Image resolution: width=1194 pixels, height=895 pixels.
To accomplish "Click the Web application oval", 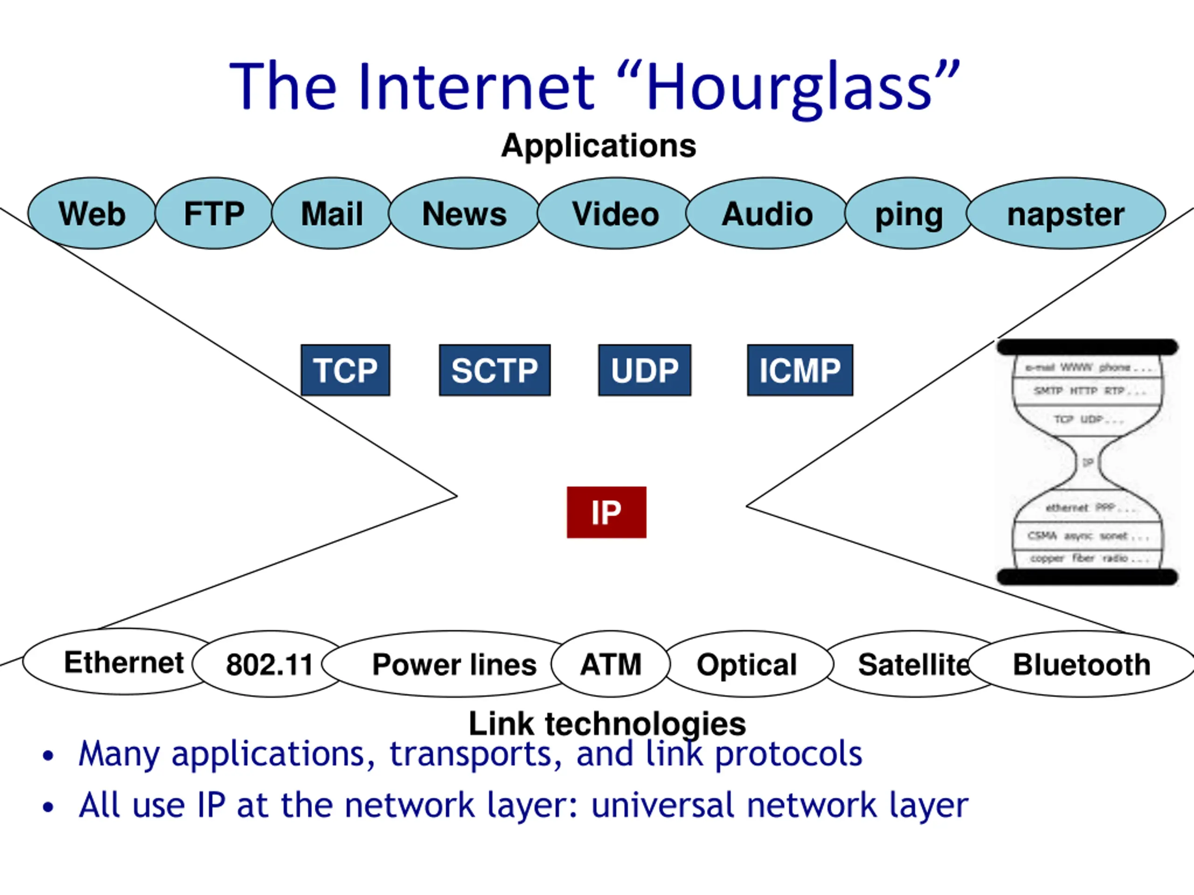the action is click(x=92, y=214).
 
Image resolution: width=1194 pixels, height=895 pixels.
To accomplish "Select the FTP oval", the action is click(x=214, y=214).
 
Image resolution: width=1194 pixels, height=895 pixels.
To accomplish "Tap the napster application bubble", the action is click(x=1066, y=214).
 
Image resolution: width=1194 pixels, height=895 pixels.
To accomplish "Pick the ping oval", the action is click(x=909, y=214).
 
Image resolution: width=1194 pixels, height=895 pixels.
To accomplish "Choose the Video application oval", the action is click(x=615, y=214).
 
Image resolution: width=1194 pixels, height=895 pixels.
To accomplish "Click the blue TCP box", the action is click(x=346, y=370).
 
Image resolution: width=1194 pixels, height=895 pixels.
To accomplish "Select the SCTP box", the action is click(x=494, y=370).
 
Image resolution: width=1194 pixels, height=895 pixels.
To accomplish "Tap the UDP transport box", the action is click(x=645, y=370).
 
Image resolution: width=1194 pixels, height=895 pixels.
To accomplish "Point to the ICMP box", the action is click(x=800, y=370).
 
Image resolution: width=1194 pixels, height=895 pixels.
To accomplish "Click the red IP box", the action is click(x=606, y=512).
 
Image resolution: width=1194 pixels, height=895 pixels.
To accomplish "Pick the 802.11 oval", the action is click(x=269, y=664).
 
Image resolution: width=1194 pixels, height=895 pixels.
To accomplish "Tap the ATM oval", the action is click(x=611, y=664).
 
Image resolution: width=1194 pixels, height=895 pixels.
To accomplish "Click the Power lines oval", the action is click(x=453, y=664).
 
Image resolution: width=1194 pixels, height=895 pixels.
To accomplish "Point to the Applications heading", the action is click(x=598, y=146).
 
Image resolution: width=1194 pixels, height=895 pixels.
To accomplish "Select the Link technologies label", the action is click(x=607, y=723).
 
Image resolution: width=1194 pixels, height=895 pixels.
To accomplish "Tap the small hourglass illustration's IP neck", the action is click(x=1088, y=462).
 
